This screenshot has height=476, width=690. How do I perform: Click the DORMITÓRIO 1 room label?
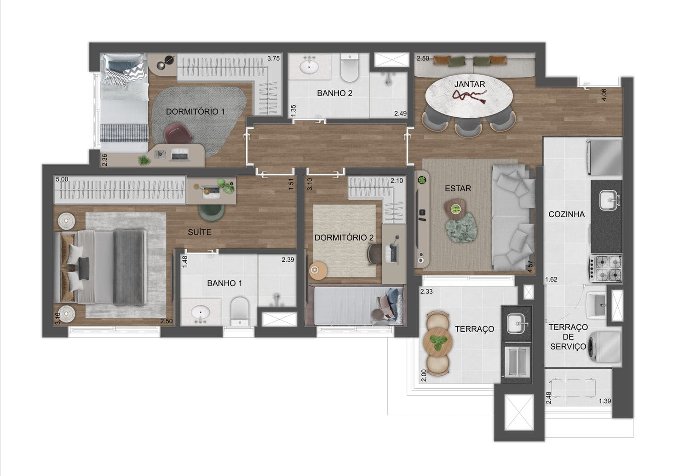[x=195, y=111]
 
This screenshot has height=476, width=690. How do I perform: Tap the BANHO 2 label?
[x=334, y=93]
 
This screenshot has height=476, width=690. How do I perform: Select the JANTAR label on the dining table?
[x=470, y=84]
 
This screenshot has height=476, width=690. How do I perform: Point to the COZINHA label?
[x=566, y=214]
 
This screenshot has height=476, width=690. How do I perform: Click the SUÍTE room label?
[x=200, y=232]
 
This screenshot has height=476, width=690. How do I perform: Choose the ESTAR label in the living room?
[x=458, y=189]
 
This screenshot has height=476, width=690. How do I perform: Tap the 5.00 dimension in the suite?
[x=62, y=179]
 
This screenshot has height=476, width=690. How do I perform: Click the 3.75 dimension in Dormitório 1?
[x=274, y=58]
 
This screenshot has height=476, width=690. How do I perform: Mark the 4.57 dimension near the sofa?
[x=530, y=267]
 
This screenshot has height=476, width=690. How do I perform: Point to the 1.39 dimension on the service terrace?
[x=605, y=401]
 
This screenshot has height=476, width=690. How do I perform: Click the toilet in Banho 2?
[x=350, y=68]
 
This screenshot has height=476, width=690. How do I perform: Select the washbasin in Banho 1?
[x=201, y=312]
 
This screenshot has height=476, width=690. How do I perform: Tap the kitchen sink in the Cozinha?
[x=609, y=200]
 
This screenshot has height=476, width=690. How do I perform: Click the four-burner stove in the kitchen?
[x=606, y=268]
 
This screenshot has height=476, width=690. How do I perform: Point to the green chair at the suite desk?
[x=211, y=212]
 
